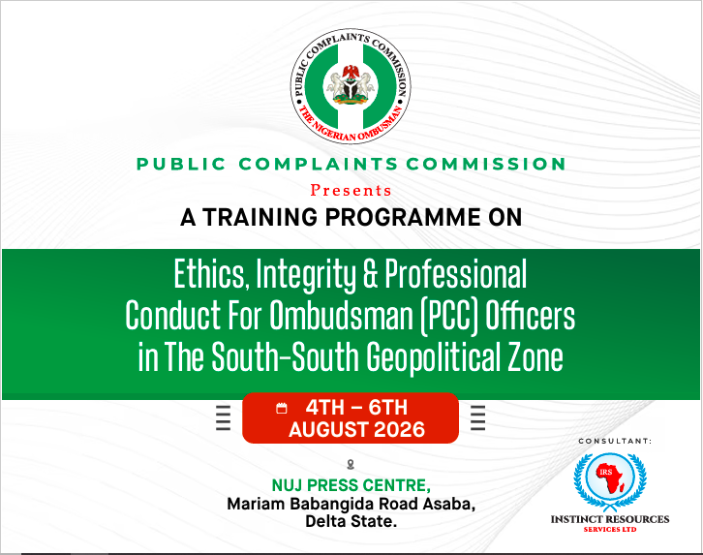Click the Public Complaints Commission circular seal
(x=351, y=87)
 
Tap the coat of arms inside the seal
(x=351, y=85)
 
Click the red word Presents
(x=351, y=191)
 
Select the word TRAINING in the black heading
(x=260, y=217)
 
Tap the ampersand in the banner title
(x=370, y=273)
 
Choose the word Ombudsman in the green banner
(x=341, y=315)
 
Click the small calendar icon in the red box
(x=282, y=408)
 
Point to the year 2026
(x=399, y=430)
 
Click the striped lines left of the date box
(x=224, y=417)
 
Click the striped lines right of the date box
(x=478, y=417)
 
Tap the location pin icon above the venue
(x=351, y=465)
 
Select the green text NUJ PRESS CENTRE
(x=351, y=485)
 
